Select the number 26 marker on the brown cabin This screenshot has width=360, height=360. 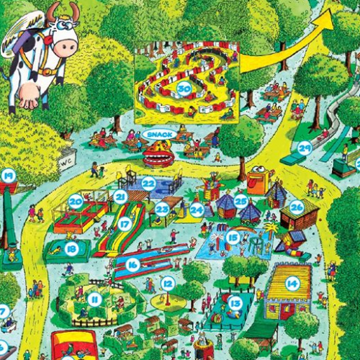point(297,207)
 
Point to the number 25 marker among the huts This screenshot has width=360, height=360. point(241,200)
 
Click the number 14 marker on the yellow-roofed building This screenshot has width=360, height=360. point(292,284)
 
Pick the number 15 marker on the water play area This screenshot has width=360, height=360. point(233,236)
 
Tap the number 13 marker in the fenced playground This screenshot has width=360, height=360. point(235,303)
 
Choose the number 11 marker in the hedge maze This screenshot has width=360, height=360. point(94,299)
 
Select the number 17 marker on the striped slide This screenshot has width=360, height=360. point(125,225)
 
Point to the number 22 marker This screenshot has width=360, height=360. point(148,183)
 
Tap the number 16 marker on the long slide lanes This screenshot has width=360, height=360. point(132,264)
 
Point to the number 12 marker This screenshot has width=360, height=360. point(167,284)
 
